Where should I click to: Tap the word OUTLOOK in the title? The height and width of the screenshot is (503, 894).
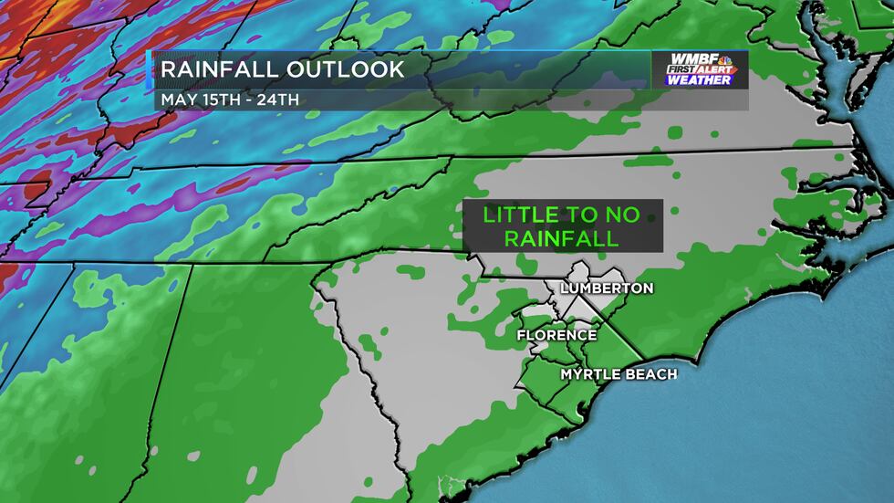pos(346,70)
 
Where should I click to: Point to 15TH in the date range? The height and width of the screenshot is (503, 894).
pos(216,99)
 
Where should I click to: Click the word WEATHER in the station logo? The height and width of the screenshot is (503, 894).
pos(700,80)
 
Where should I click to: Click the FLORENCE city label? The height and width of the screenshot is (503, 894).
pos(556,335)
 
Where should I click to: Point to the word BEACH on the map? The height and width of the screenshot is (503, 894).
pos(650,374)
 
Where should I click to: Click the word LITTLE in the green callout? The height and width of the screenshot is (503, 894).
pos(520,215)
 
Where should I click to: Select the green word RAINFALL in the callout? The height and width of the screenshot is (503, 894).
pos(562,238)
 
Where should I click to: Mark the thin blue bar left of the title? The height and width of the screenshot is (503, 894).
pos(149,80)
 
